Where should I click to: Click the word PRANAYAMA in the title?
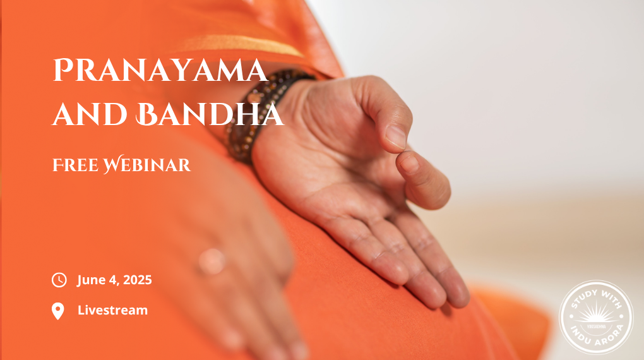click(160, 71)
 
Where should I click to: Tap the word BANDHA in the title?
click(210, 114)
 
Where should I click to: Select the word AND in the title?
click(90, 114)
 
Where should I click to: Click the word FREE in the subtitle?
click(76, 165)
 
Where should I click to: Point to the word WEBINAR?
click(146, 164)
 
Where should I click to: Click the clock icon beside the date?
click(59, 280)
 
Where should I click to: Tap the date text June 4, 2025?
click(114, 280)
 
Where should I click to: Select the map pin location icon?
click(58, 311)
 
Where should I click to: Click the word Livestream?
click(112, 310)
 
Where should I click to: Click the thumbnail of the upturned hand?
click(396, 137)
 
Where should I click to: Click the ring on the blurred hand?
click(212, 261)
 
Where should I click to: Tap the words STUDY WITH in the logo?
click(597, 298)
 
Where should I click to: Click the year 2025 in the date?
click(137, 280)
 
